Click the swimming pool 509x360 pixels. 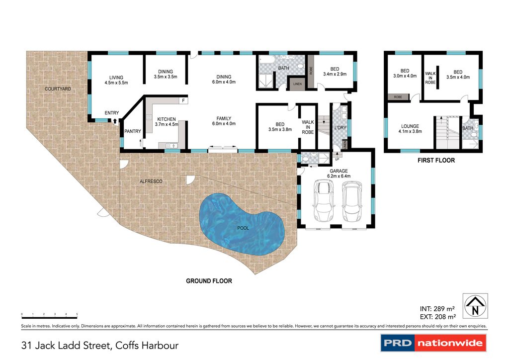point(242,224)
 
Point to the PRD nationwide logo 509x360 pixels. point(433,343)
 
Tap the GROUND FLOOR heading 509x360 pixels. point(209,281)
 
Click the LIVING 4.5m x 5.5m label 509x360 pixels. point(116,80)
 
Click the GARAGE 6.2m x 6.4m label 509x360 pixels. point(336,173)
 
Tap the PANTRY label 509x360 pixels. point(133,131)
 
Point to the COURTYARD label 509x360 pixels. point(58,89)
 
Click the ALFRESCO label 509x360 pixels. point(151,181)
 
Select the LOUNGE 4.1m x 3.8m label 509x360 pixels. point(410,129)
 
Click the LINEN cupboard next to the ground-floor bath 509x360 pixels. point(297,84)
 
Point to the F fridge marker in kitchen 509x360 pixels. point(183,101)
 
